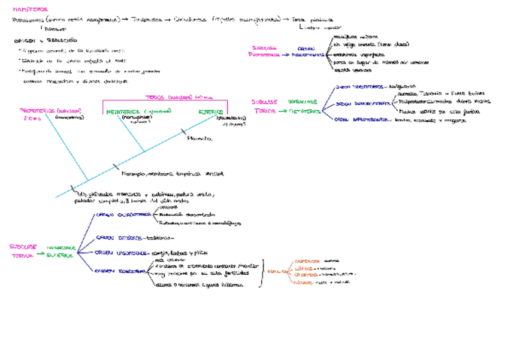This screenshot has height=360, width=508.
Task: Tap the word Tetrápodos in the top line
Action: point(146,20)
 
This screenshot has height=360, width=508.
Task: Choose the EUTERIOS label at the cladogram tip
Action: point(211,112)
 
